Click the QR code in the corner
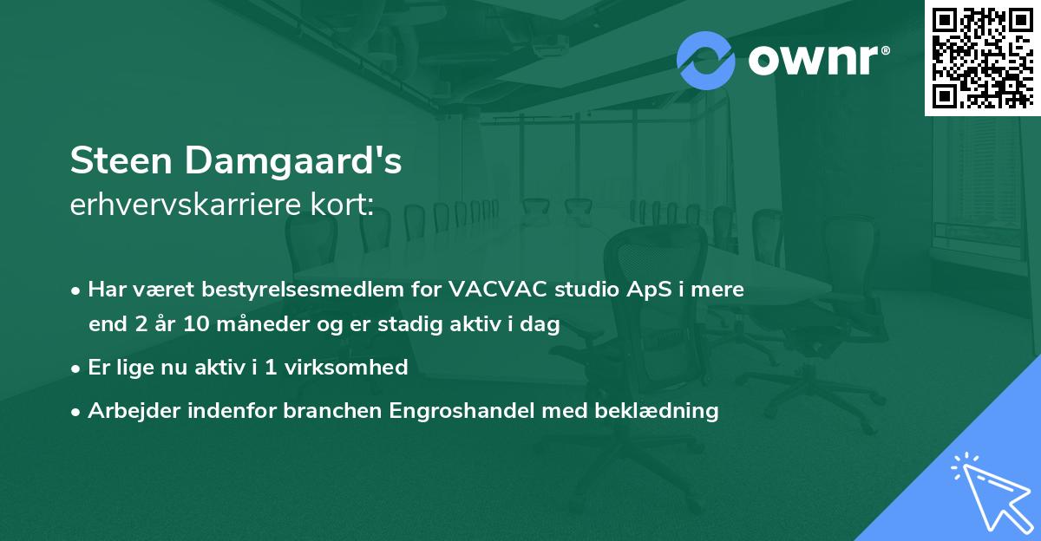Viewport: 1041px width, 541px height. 982,57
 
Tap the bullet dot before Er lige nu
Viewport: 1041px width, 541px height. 76,368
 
